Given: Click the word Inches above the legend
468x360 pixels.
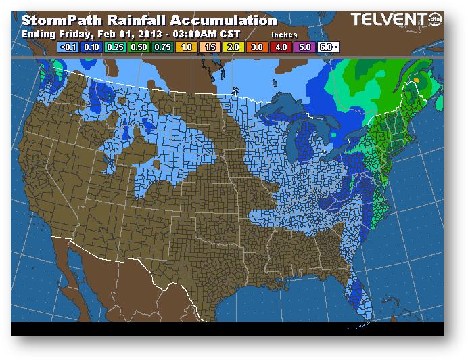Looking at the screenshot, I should (283, 35).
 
